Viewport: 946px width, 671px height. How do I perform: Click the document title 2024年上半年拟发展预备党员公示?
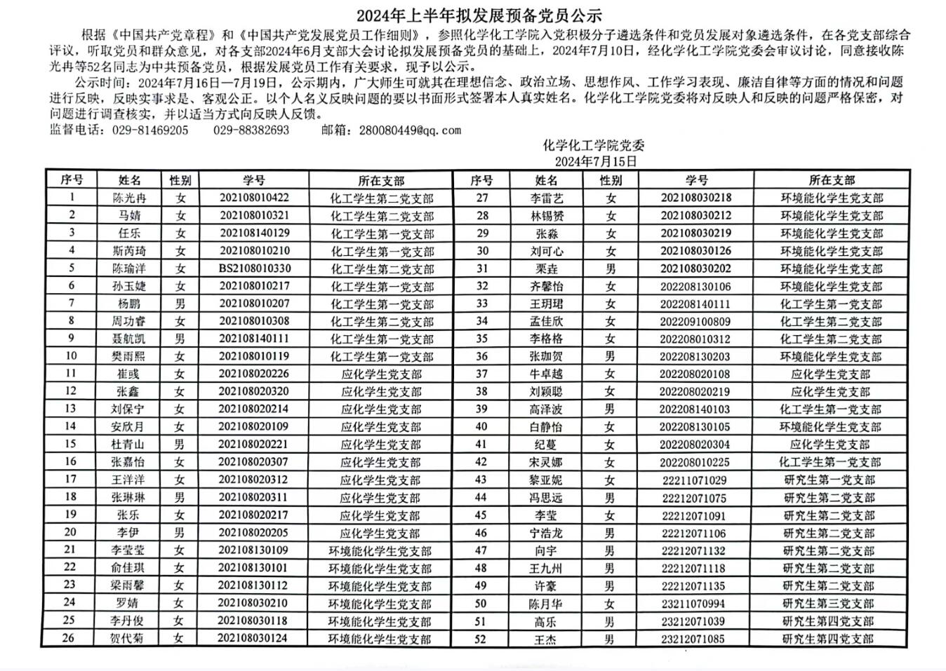[479, 15]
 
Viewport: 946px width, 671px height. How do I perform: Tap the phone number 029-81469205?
[150, 130]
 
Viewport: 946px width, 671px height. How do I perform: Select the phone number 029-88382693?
[251, 130]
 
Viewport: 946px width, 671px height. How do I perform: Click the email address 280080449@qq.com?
[410, 130]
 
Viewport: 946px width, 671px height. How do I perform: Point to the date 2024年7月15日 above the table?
[596, 161]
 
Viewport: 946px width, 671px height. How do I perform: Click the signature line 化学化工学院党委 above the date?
[594, 146]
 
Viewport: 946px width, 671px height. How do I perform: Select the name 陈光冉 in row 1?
[130, 198]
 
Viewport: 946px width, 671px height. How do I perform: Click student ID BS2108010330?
[254, 269]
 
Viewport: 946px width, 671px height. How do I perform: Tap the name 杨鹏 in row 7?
[130, 304]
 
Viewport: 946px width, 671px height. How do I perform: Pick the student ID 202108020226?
[254, 374]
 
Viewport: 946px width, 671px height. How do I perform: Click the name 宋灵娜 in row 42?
[546, 463]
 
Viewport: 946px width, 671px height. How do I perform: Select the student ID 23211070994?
[693, 604]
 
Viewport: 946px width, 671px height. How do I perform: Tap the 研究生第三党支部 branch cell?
[829, 604]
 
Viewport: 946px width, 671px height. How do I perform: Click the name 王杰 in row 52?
[545, 639]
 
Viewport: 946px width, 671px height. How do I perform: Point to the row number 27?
[481, 198]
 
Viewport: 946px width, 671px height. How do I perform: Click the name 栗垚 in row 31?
[546, 269]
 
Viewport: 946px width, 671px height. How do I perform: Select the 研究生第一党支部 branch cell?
[830, 480]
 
